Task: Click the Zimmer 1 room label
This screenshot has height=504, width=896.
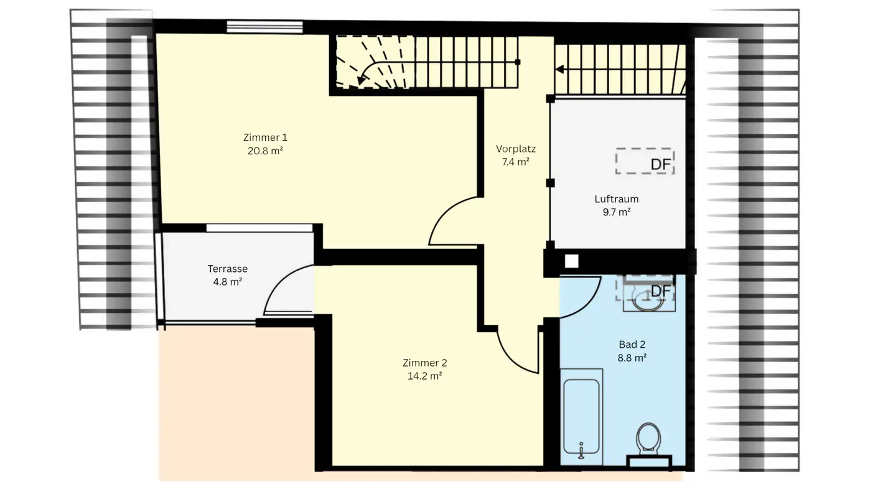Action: (265, 138)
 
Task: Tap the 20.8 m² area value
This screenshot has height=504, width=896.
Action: (265, 151)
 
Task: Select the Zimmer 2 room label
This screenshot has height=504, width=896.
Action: (425, 363)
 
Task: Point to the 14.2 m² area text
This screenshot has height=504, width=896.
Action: (425, 376)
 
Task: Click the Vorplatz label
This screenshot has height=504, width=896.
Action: (516, 149)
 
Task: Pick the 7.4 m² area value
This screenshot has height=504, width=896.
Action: (516, 162)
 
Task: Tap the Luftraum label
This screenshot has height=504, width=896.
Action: (617, 199)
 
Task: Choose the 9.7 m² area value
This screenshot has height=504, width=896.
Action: (617, 212)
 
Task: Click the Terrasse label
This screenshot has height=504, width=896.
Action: (228, 269)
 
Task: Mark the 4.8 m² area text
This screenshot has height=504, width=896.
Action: (228, 281)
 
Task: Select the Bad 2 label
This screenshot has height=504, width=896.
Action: (632, 344)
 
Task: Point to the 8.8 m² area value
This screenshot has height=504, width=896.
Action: (632, 358)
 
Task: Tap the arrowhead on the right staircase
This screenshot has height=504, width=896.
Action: (560, 69)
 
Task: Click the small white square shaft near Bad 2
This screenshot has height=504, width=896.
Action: (571, 262)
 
